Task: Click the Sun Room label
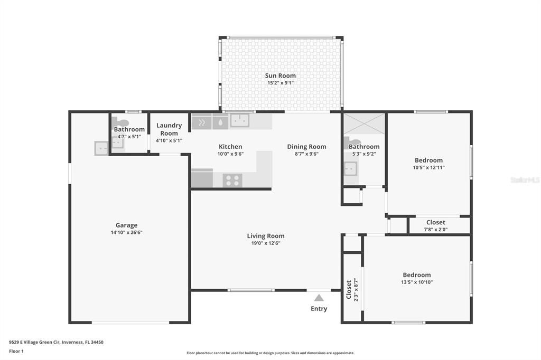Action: [280, 75]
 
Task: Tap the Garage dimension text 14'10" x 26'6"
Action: [126, 232]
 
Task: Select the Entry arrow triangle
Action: [319, 298]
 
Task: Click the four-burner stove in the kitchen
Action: [232, 181]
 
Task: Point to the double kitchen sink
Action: [240, 120]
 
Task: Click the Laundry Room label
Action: [169, 129]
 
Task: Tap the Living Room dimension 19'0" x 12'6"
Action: [266, 243]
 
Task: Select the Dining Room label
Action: [306, 147]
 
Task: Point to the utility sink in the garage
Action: [101, 148]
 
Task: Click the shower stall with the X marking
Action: [363, 124]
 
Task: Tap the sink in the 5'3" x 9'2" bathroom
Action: [351, 168]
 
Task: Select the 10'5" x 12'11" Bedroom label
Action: [428, 160]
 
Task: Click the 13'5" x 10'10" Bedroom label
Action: [417, 275]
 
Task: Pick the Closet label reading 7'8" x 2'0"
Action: [435, 222]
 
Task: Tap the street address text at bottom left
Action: [56, 343]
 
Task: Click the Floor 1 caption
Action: [16, 352]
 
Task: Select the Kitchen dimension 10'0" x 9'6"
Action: [230, 154]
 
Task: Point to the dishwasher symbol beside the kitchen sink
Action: [220, 122]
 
